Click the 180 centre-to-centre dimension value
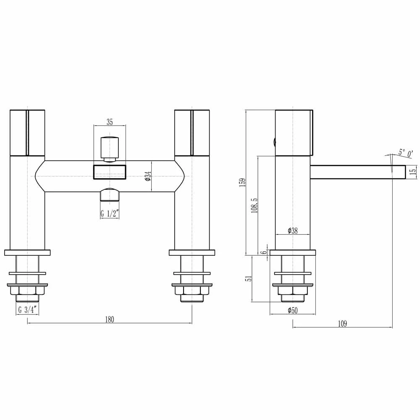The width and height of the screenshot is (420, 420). tap(109, 319)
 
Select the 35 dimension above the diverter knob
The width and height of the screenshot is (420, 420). tap(110, 122)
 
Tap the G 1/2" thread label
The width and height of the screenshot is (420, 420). tap(110, 214)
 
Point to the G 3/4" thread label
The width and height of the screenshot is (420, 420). tap(28, 310)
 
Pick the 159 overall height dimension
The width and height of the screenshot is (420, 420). tap(242, 183)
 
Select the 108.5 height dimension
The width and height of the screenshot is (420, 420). tap(254, 205)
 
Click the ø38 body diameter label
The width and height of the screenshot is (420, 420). tap(293, 231)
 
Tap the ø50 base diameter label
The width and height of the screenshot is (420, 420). tap(293, 310)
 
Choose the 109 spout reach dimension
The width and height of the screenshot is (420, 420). tap(342, 323)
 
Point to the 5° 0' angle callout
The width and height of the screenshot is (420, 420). tap(406, 153)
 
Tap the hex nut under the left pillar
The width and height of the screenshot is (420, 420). tap(27, 291)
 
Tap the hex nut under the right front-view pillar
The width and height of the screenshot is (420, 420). tap(192, 291)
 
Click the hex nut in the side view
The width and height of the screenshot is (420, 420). tap(293, 291)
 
